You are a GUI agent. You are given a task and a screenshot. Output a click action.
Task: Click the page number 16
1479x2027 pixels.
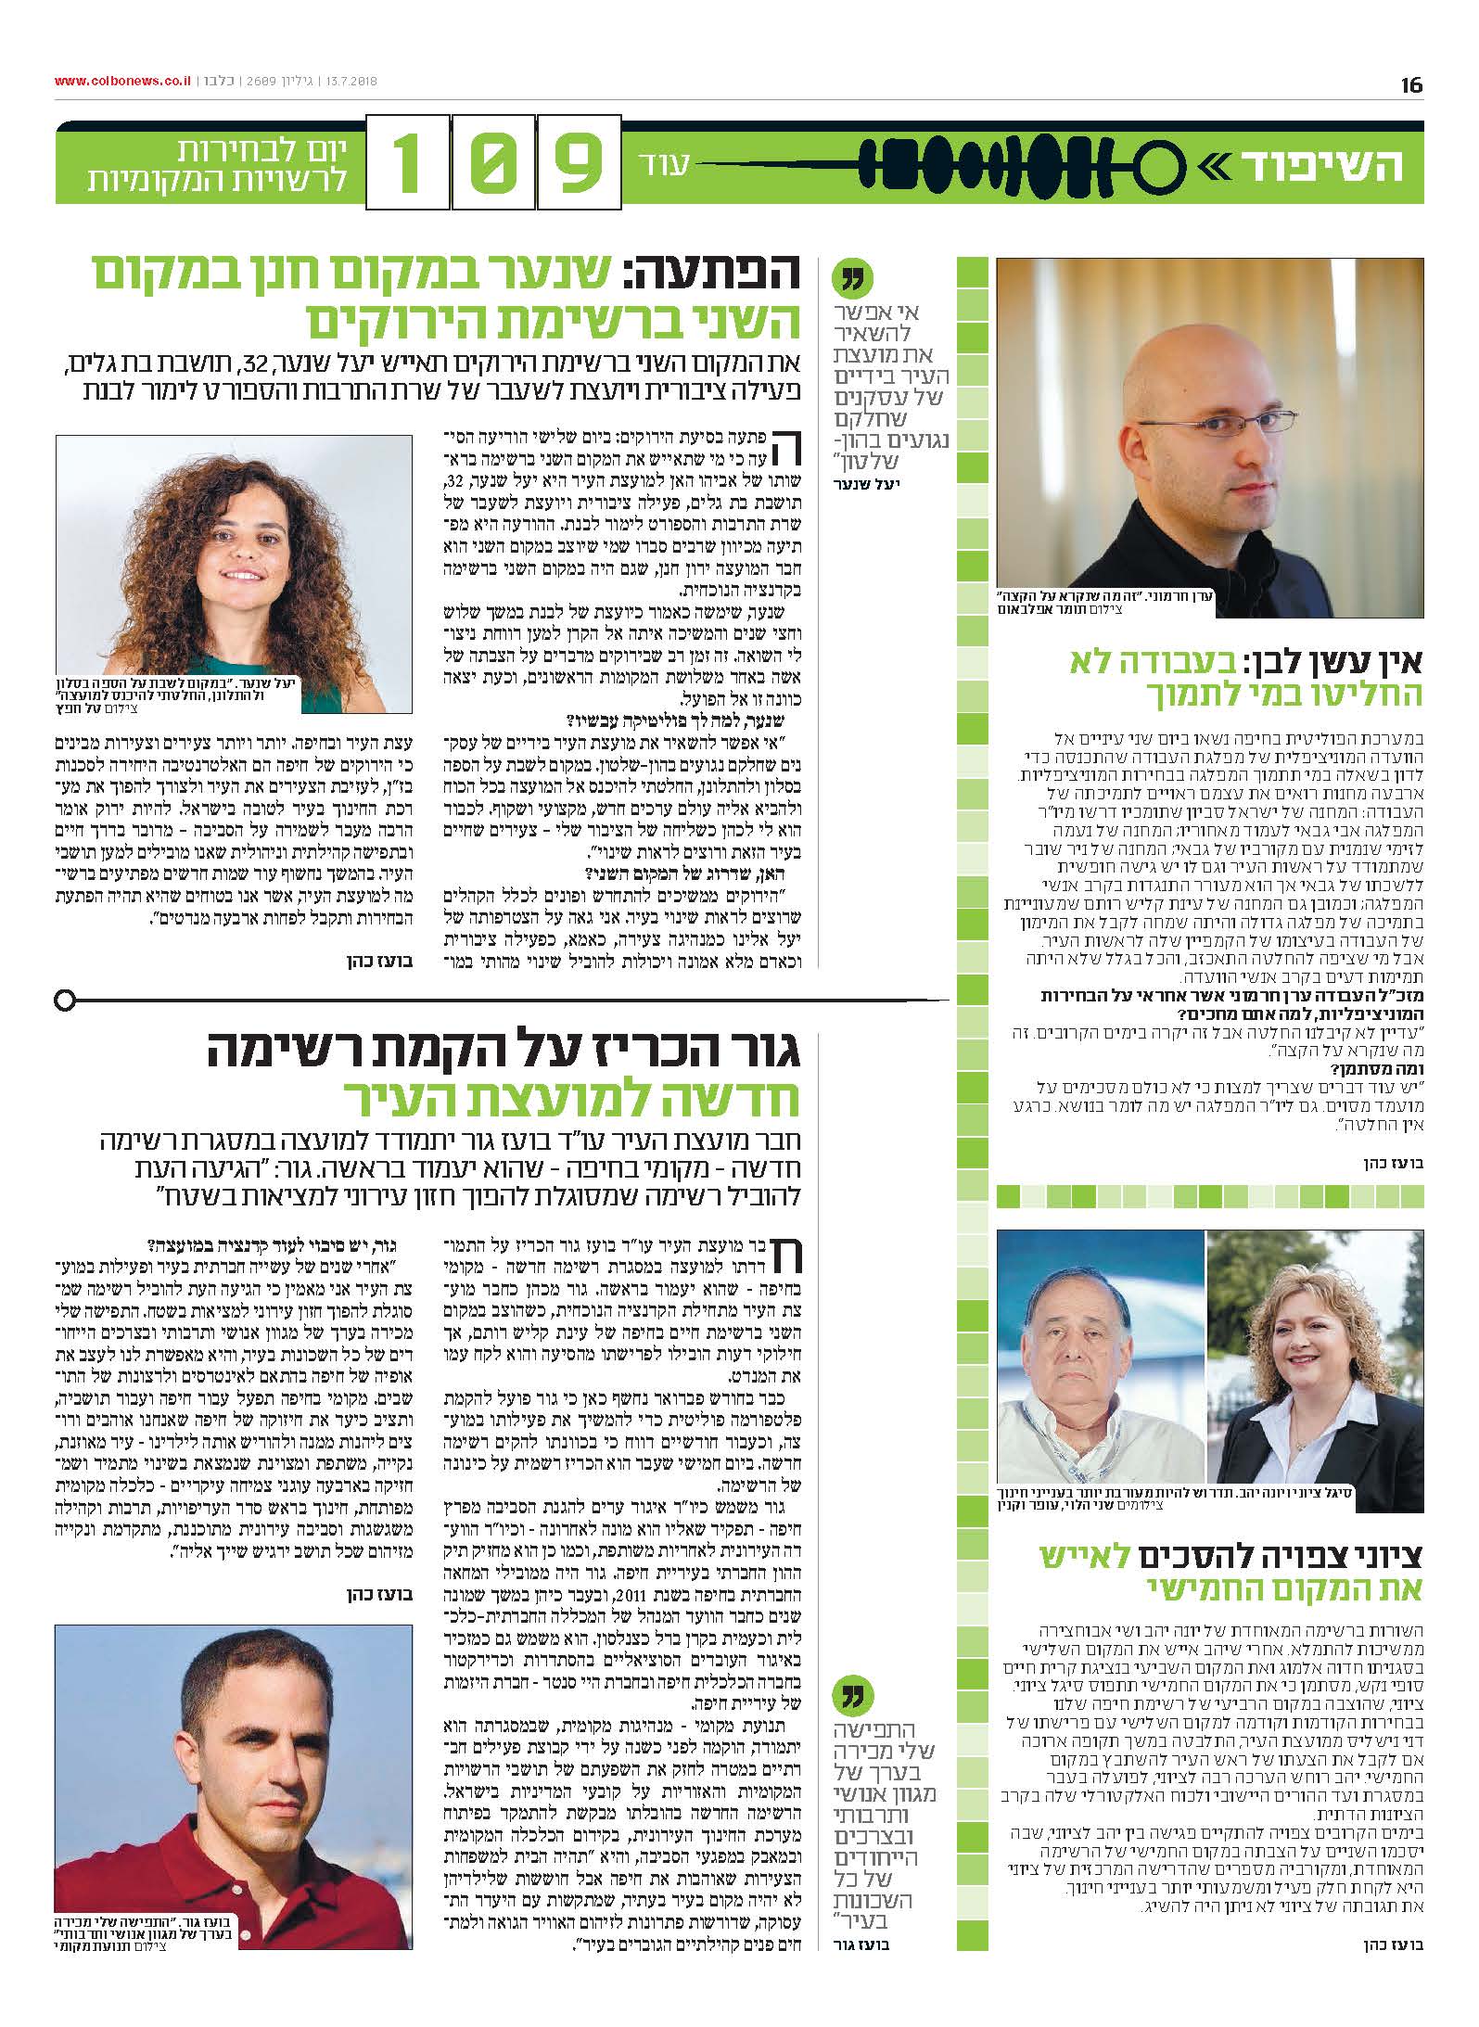tap(1410, 85)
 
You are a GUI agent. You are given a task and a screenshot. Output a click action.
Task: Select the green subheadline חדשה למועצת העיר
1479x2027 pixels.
tap(575, 1099)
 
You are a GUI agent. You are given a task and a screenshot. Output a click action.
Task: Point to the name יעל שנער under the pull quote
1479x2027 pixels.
tap(875, 484)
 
